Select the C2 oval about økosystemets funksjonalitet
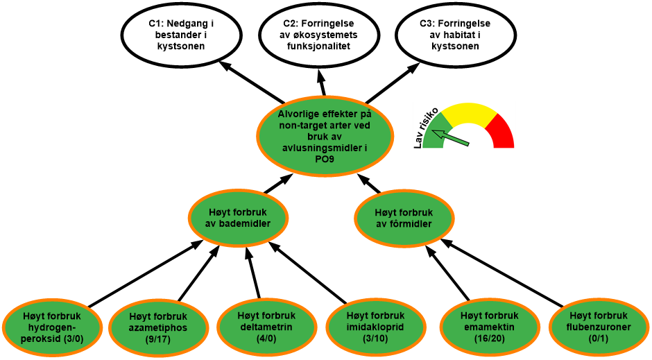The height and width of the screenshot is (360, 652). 320,35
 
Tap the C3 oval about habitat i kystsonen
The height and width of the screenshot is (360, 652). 455,35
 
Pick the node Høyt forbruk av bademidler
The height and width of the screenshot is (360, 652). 238,218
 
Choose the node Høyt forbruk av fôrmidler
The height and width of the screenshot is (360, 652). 404,218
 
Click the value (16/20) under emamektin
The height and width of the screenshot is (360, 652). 489,338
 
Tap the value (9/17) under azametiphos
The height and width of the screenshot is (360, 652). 159,339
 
